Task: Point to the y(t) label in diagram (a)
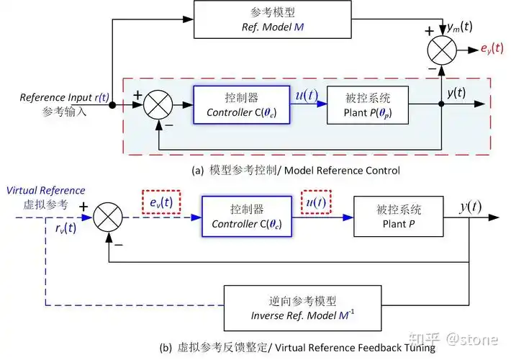click(456, 93)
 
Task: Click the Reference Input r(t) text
click(60, 97)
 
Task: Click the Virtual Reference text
click(45, 191)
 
